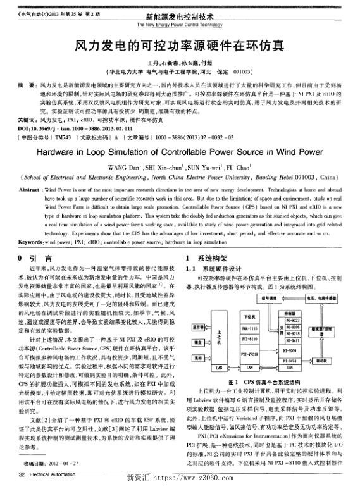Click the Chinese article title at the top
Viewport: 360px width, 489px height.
[x=180, y=46]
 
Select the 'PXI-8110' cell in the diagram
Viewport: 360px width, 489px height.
[x=249, y=340]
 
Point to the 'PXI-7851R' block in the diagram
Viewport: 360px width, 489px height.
[x=249, y=354]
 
